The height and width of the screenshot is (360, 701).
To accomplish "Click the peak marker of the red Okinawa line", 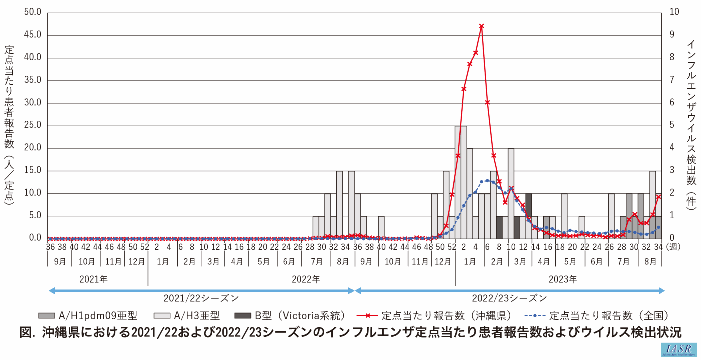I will [x=481, y=26].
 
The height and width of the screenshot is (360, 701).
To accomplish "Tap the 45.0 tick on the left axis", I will [x=33, y=35].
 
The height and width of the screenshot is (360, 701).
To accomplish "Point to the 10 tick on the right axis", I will [x=675, y=12].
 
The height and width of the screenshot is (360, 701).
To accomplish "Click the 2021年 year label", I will [x=93, y=279].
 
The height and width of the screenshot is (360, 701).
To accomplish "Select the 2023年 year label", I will [x=562, y=279].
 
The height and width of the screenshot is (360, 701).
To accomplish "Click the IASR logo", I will [x=678, y=349].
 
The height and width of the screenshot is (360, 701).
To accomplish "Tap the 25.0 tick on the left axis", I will [x=33, y=126].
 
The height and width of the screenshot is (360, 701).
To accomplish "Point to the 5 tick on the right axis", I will [x=672, y=125].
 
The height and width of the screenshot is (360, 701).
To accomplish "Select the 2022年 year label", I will [x=306, y=279].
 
